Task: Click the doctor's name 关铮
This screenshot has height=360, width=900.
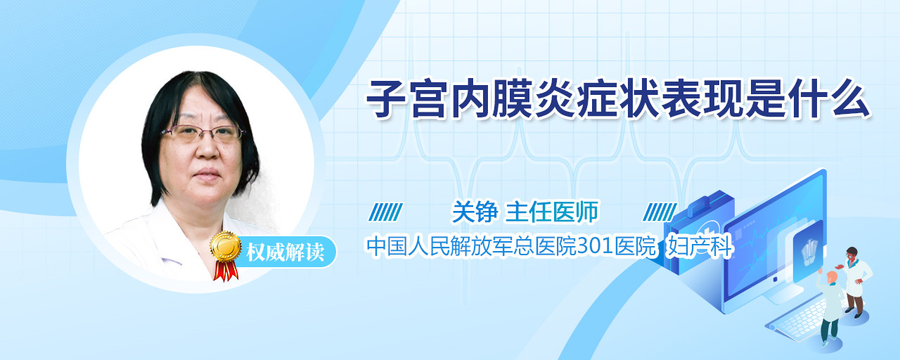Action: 475,212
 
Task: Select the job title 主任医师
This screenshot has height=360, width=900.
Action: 552,212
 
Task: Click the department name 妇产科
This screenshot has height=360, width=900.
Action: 700,246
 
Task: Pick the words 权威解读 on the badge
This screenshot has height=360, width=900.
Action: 285,252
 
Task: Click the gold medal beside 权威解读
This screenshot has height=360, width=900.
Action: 226,246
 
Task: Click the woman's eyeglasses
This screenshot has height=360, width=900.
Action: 203,133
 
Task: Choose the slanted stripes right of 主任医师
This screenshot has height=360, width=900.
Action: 660,212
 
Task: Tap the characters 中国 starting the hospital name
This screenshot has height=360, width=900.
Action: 387,246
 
